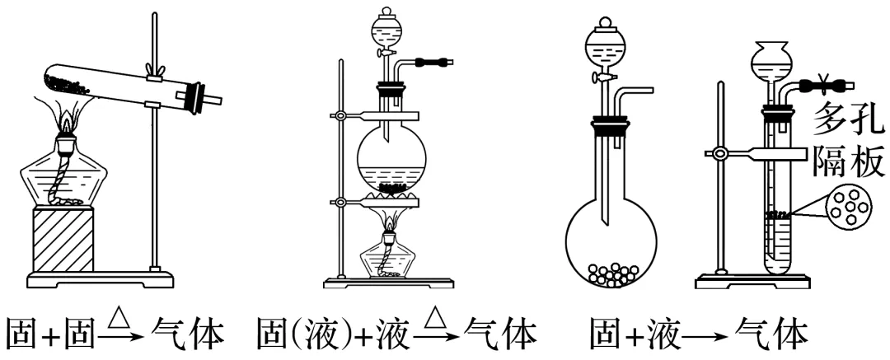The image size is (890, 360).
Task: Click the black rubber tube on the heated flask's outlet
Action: click(433, 62)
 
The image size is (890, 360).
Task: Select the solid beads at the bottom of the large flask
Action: click(611, 274)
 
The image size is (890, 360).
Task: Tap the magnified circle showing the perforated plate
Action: click(849, 207)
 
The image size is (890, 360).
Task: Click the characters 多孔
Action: click(849, 119)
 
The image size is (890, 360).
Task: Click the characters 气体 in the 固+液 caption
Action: click(770, 336)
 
